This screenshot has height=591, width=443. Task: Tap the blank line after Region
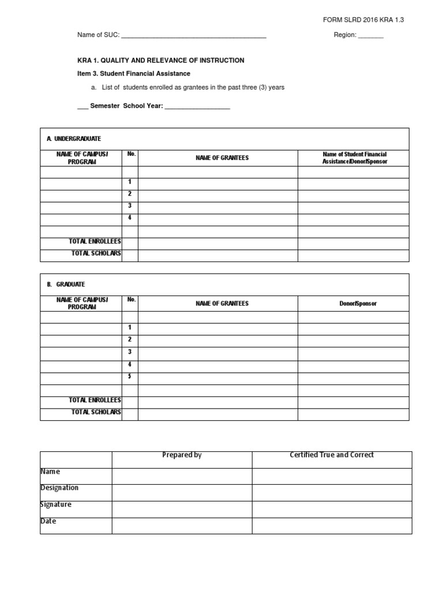pyautogui.click(x=371, y=36)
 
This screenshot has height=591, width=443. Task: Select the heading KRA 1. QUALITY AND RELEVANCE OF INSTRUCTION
pyautogui.click(x=161, y=60)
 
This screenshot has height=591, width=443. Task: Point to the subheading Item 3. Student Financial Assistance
pyautogui.click(x=134, y=74)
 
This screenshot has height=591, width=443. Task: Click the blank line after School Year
pyautogui.click(x=197, y=107)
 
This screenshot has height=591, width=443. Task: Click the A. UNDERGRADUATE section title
pyautogui.click(x=74, y=139)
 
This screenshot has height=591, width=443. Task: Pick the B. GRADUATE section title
pyautogui.click(x=66, y=285)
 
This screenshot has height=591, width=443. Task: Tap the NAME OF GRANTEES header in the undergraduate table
pyautogui.click(x=222, y=158)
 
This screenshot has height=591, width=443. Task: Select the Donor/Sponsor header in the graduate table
pyautogui.click(x=358, y=304)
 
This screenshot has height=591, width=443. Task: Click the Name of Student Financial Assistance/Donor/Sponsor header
pyautogui.click(x=354, y=158)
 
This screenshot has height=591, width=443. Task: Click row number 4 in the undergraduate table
pyautogui.click(x=130, y=218)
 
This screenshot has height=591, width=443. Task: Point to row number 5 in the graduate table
pyautogui.click(x=130, y=376)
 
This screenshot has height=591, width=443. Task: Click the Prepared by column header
pyautogui.click(x=182, y=455)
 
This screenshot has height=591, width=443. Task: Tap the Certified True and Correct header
pyautogui.click(x=332, y=455)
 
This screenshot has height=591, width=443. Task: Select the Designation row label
pyautogui.click(x=59, y=488)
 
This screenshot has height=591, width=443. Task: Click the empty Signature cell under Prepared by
pyautogui.click(x=182, y=509)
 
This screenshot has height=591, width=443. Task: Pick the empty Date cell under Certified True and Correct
pyautogui.click(x=332, y=526)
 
